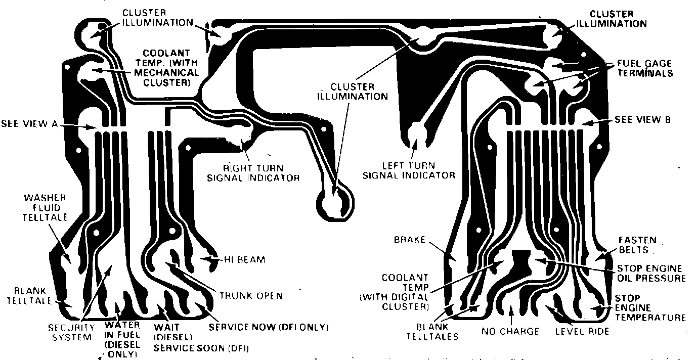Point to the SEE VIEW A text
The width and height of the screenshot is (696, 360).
[30, 123]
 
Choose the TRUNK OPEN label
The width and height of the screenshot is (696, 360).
[250, 295]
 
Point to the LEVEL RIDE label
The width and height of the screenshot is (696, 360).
[582, 332]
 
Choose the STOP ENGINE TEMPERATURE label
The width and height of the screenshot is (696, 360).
[650, 308]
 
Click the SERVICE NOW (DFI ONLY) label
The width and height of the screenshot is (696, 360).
[269, 327]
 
